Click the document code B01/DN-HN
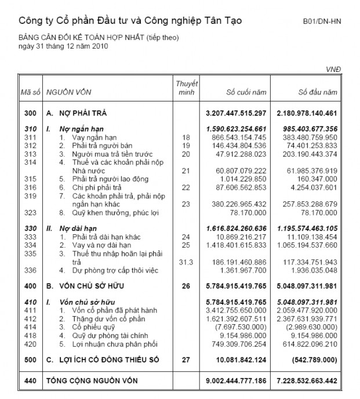322,21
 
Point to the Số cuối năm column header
246,92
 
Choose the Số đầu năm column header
317,92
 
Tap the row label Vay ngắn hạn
89,137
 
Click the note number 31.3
186,262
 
